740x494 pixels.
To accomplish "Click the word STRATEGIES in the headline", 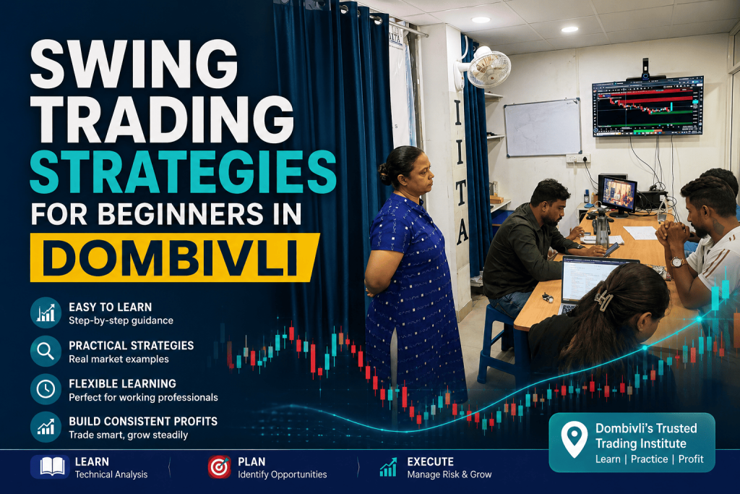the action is (x=183, y=172).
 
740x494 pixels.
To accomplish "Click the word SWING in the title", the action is (x=134, y=64).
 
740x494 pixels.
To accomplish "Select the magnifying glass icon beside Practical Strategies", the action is (x=46, y=351).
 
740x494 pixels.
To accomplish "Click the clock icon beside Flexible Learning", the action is (x=46, y=389).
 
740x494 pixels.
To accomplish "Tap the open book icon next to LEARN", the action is (x=52, y=467).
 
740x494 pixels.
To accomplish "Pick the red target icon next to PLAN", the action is (x=220, y=467).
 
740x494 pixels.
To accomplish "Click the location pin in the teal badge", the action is (x=575, y=439).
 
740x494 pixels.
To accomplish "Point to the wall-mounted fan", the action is (x=486, y=67).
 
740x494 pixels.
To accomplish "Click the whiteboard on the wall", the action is (x=543, y=127).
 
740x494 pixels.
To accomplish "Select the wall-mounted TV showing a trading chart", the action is (x=648, y=107).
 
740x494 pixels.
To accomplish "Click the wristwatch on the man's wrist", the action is (x=677, y=262).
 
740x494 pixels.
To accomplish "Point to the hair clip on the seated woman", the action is (x=603, y=299).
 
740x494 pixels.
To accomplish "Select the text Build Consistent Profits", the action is (x=143, y=421).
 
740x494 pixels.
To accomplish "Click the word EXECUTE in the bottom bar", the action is (x=431, y=462).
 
